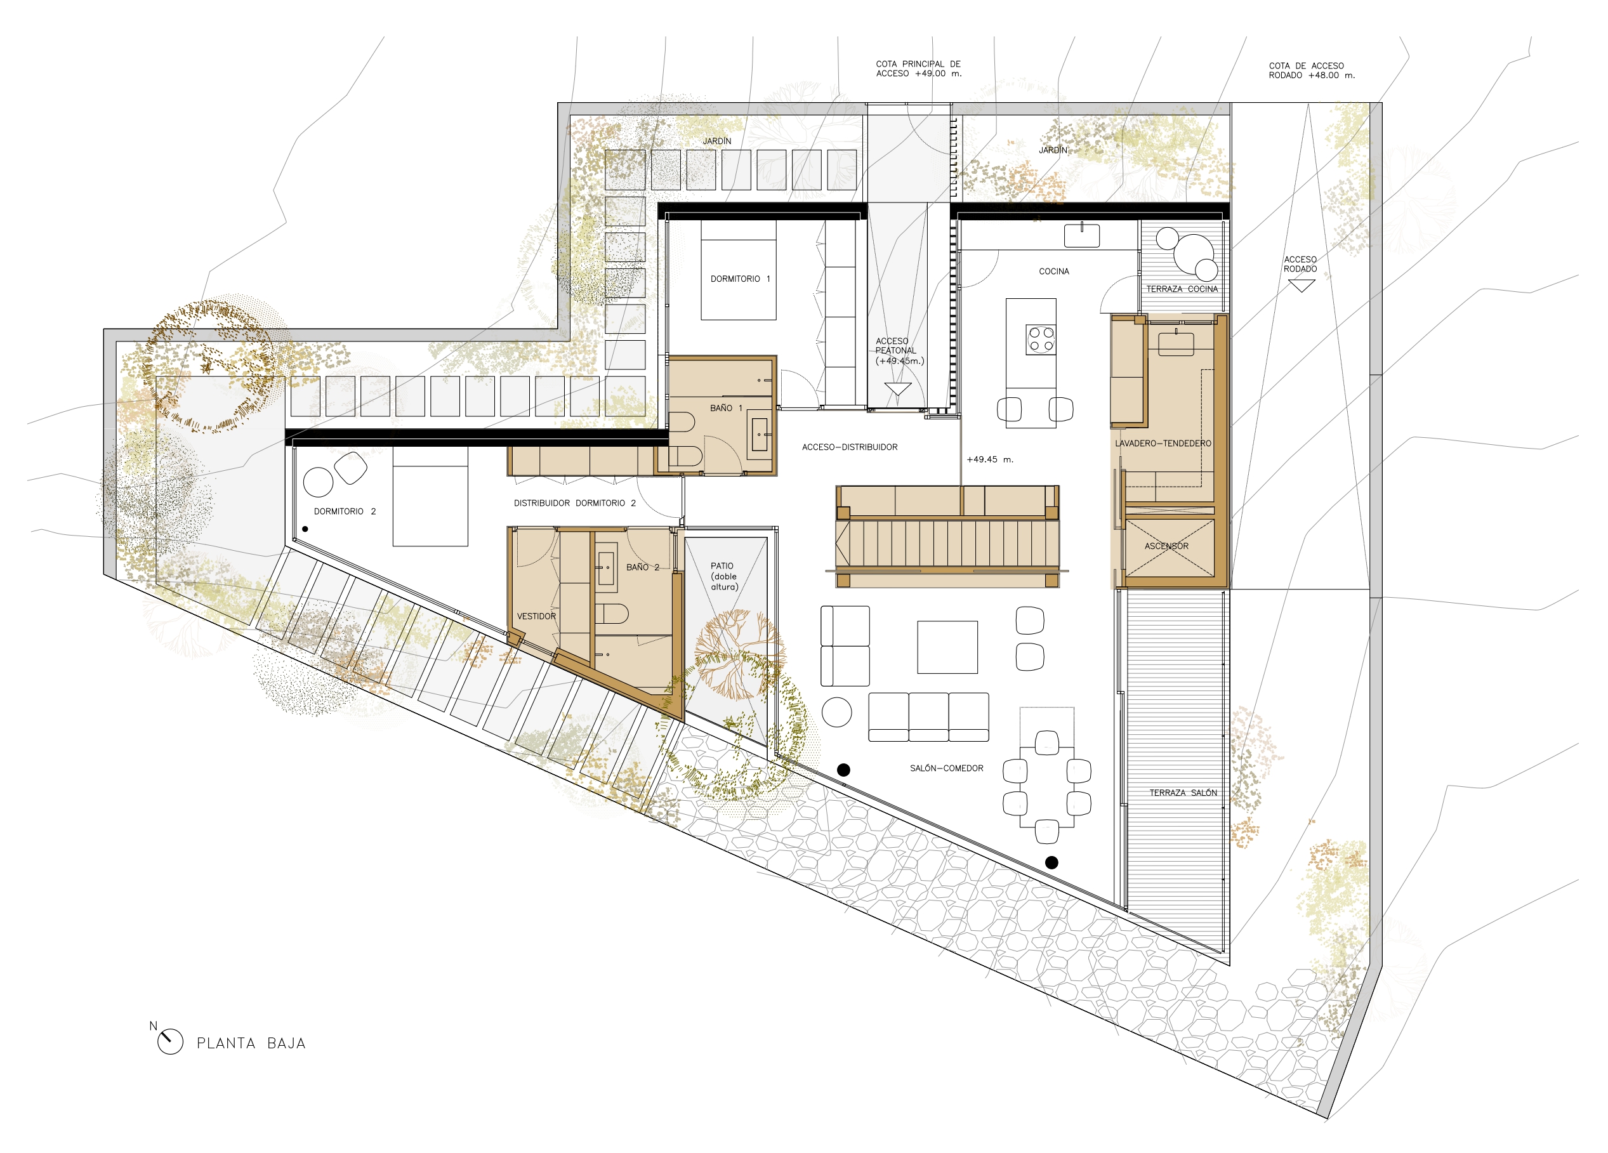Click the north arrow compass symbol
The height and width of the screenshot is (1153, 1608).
(170, 1041)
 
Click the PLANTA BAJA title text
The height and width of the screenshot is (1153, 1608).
(251, 1043)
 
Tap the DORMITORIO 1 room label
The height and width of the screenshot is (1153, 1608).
(739, 279)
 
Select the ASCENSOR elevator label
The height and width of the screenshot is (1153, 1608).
(1166, 546)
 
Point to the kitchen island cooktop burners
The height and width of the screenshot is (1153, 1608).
(1041, 339)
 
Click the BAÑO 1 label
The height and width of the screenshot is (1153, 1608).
(726, 408)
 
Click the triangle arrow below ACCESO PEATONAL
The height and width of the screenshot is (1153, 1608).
(897, 388)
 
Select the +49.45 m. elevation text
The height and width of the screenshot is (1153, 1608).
(990, 459)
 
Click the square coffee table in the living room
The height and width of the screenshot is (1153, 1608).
(947, 647)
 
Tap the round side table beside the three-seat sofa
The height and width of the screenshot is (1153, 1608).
(836, 712)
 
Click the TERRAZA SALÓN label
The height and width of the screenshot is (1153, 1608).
(1183, 793)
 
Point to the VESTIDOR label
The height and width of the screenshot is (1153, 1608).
(536, 616)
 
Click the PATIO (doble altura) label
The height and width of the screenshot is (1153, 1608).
(724, 576)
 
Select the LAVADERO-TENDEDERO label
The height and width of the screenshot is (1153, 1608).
(1163, 443)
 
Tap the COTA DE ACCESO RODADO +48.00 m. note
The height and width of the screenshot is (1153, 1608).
(1311, 70)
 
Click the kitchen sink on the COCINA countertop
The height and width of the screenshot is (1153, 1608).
(1082, 235)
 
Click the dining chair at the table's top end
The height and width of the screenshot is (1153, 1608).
(1046, 742)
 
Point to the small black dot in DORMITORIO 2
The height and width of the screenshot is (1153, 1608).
(305, 529)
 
